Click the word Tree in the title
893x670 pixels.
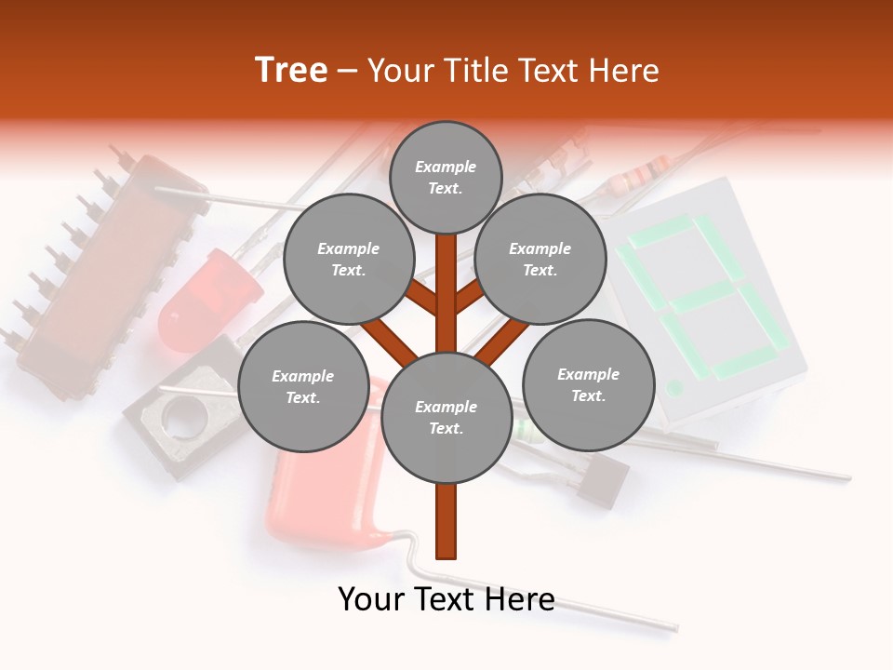pos(291,71)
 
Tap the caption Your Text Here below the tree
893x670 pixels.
pos(446,599)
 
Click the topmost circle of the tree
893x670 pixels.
pos(446,177)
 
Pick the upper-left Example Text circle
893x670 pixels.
pos(348,259)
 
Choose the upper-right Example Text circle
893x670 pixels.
pos(540,259)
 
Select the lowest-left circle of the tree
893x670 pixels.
pos(303,386)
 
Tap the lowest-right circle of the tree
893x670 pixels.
pos(588,384)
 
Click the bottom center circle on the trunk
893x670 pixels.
pos(446,418)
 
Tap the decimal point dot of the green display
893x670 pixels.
pos(675,386)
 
